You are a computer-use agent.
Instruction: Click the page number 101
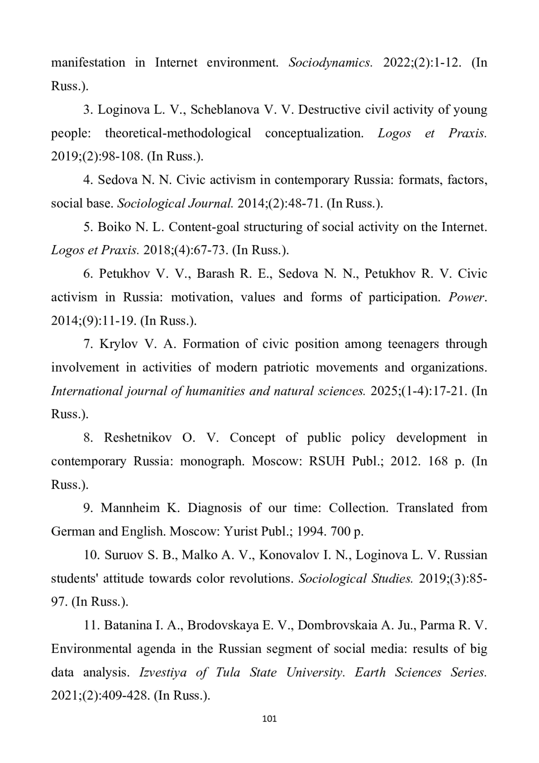(x=269, y=718)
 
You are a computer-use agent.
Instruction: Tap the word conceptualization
(x=314, y=133)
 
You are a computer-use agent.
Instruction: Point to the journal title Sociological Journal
(x=175, y=203)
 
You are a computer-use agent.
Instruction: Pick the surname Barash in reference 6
(x=214, y=274)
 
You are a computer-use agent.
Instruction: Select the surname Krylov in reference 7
(x=118, y=344)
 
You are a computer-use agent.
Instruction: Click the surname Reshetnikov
(x=137, y=438)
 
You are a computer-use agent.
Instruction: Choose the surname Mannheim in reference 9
(x=130, y=508)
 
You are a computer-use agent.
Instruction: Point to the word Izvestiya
(x=163, y=672)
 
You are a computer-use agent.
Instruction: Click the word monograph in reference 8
(x=212, y=461)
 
